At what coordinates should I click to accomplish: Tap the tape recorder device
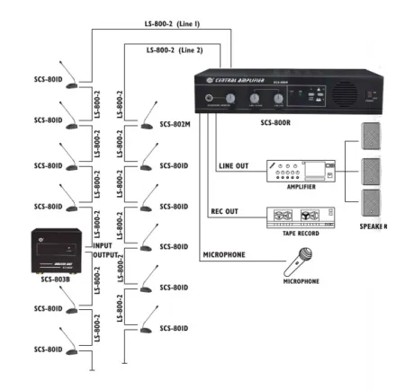[x=301, y=217]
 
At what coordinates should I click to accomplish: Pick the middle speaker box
[x=372, y=171]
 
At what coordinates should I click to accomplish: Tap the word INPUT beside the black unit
[x=103, y=244]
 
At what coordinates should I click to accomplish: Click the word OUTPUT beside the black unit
[x=107, y=256]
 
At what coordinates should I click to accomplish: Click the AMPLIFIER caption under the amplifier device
[x=300, y=187]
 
